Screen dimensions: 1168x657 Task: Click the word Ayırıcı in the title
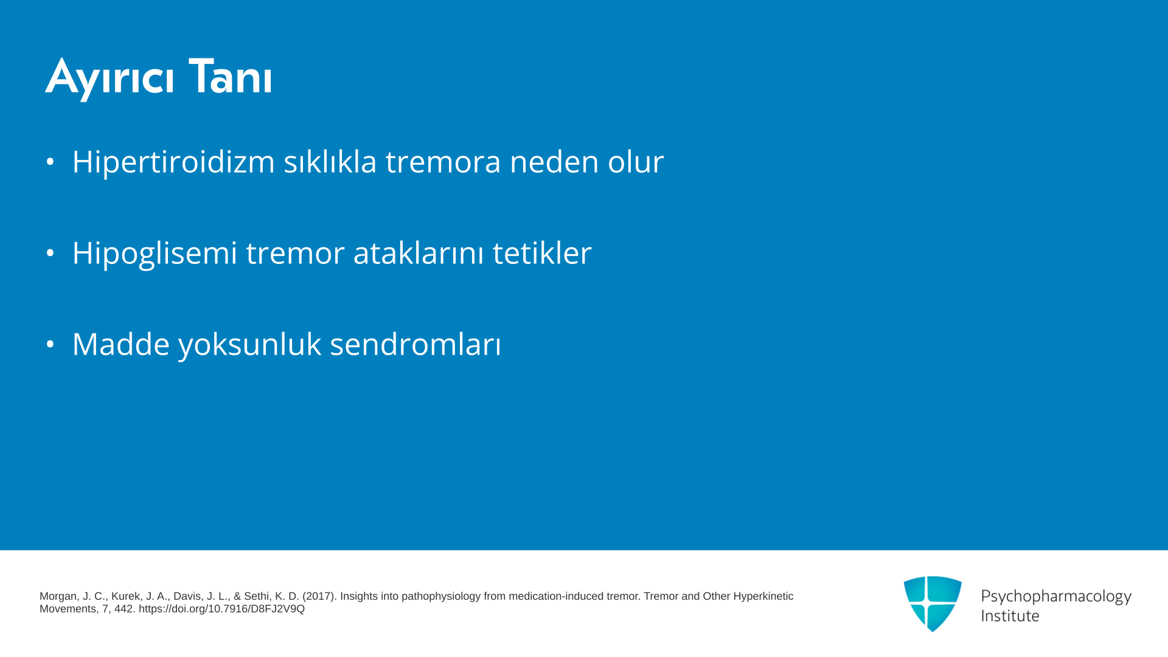pyautogui.click(x=109, y=78)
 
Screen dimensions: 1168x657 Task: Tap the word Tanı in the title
pyautogui.click(x=230, y=76)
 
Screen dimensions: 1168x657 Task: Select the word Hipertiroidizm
pyautogui.click(x=173, y=162)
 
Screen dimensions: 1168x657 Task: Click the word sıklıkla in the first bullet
pyautogui.click(x=330, y=161)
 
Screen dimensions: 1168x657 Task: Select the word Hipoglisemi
pyautogui.click(x=155, y=254)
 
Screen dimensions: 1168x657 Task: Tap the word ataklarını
pyautogui.click(x=419, y=252)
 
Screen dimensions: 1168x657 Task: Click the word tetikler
pyautogui.click(x=542, y=252)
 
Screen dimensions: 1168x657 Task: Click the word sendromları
pyautogui.click(x=415, y=344)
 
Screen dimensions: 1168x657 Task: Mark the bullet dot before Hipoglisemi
pyautogui.click(x=50, y=252)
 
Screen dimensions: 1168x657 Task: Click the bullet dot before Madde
pyautogui.click(x=50, y=344)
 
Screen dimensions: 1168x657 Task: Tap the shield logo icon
pyautogui.click(x=933, y=603)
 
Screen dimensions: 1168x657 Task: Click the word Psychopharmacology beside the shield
pyautogui.click(x=1056, y=597)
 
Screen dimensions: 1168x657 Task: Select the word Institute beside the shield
pyautogui.click(x=1010, y=616)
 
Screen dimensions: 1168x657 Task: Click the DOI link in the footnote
pyautogui.click(x=221, y=609)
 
